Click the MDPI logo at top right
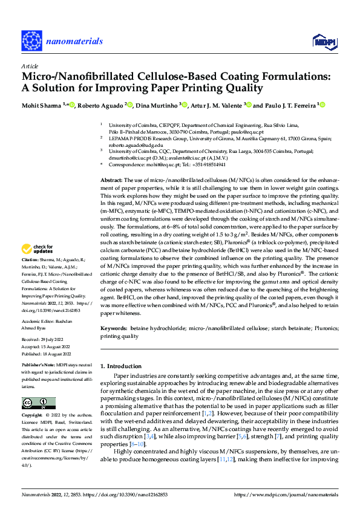324,41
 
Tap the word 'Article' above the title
30,66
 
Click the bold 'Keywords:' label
114,328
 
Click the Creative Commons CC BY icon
38,403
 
